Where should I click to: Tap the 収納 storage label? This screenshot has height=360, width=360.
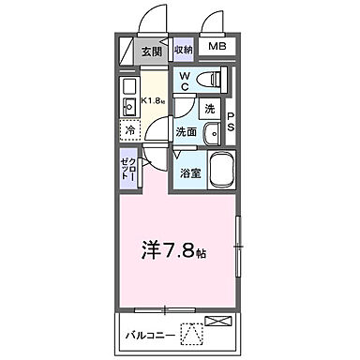pyautogui.click(x=183, y=49)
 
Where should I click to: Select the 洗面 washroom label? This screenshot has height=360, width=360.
pyautogui.click(x=187, y=133)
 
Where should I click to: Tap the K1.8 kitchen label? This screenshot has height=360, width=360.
pyautogui.click(x=154, y=100)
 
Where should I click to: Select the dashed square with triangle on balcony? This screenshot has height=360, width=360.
pyautogui.click(x=192, y=331)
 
